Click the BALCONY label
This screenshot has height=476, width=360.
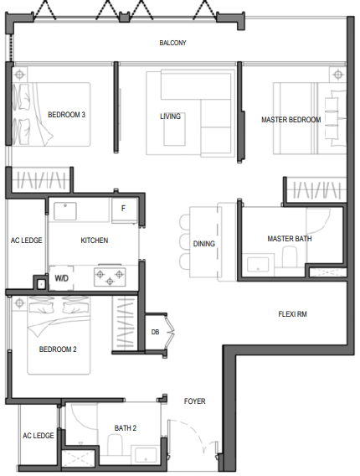click(172, 43)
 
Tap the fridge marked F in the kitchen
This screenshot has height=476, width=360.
click(124, 210)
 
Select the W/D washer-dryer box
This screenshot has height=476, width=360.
click(61, 277)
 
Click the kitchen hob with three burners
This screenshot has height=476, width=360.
click(110, 277)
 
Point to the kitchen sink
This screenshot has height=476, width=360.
click(65, 211)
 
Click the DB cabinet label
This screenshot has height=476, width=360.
click(155, 332)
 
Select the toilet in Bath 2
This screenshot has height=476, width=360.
click(115, 444)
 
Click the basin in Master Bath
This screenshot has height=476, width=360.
click(258, 265)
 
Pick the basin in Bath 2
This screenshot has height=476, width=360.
click(147, 454)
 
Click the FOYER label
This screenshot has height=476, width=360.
click(195, 401)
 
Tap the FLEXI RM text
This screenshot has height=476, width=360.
click(292, 314)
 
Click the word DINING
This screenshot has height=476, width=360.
click(203, 244)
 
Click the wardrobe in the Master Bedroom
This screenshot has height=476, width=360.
click(316, 190)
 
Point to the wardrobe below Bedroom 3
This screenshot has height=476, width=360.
click(41, 180)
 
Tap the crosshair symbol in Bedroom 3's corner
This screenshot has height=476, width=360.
click(19, 74)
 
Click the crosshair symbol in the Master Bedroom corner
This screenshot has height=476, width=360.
click(337, 75)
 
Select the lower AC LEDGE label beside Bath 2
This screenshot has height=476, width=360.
click(39, 436)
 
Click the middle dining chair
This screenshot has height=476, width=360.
click(185, 241)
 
